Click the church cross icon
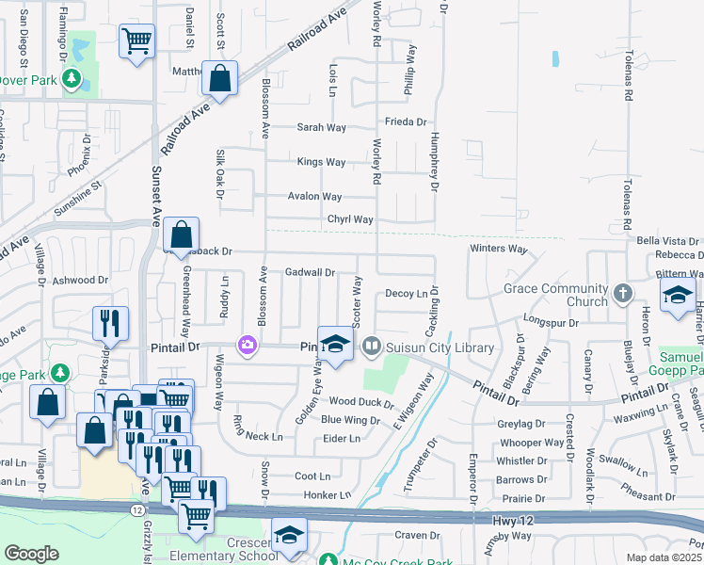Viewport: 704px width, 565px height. tap(622, 295)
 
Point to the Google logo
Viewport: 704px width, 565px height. tap(31, 554)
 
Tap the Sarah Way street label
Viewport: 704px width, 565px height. tap(322, 128)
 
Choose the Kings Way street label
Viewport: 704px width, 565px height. tap(321, 162)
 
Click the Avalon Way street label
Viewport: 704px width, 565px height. tap(314, 197)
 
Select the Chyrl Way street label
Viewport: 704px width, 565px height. tap(350, 220)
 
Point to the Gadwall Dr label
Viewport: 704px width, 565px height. tap(310, 272)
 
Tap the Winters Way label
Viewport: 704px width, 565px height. tap(498, 249)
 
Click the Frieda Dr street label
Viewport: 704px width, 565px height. tap(406, 121)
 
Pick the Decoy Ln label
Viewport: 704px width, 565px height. tap(407, 294)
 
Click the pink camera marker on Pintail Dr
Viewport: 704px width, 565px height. tap(248, 346)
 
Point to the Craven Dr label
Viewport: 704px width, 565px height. tap(411, 535)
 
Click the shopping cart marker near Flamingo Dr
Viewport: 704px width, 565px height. tap(136, 41)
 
